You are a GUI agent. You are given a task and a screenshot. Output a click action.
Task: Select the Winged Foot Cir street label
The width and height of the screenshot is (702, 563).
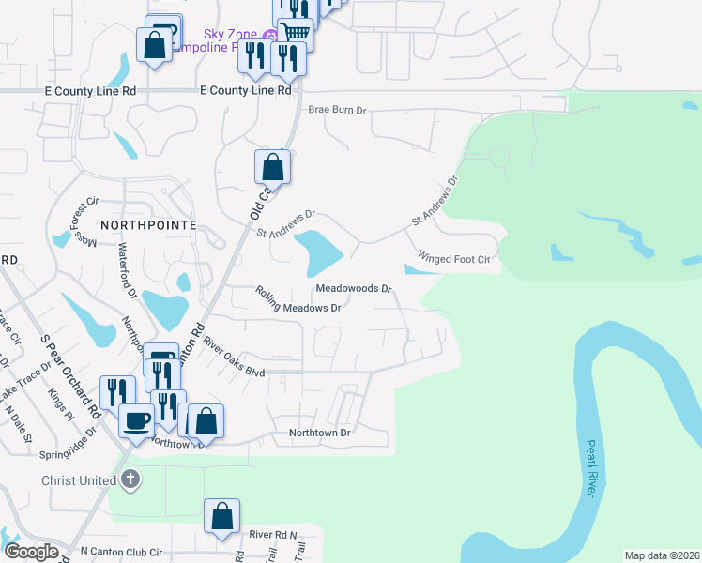tap(455, 258)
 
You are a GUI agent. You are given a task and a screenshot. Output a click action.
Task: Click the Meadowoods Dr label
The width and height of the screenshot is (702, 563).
tap(353, 289)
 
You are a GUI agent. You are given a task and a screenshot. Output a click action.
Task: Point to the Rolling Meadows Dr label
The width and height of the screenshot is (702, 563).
tap(298, 300)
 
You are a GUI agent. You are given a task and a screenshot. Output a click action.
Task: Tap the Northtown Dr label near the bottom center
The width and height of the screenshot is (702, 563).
tap(319, 433)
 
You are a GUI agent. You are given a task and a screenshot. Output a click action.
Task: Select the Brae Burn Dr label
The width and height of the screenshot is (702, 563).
tap(337, 110)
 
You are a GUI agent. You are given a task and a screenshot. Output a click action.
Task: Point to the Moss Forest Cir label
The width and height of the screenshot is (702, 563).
tap(76, 221)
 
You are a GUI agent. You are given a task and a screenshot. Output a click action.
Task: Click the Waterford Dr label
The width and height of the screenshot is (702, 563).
tap(128, 272)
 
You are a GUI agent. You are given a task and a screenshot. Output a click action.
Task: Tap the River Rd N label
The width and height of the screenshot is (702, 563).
tap(273, 534)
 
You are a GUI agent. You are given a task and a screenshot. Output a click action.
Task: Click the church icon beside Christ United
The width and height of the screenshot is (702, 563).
tap(130, 480)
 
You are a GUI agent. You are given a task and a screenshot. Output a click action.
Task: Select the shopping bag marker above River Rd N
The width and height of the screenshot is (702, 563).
tap(221, 516)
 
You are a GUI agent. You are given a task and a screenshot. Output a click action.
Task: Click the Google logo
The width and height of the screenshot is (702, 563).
tap(31, 552)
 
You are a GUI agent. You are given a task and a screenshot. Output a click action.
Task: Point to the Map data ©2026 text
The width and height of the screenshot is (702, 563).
tap(661, 555)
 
